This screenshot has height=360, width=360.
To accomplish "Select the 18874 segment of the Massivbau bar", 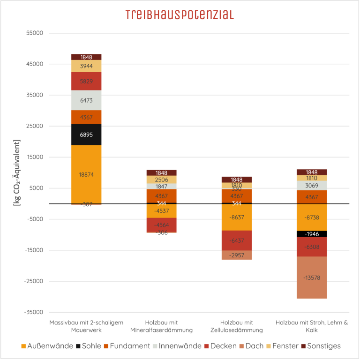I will click(x=86, y=174).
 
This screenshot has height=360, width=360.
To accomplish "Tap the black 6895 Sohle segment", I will click(x=86, y=135).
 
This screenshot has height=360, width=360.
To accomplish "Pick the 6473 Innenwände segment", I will click(x=86, y=100).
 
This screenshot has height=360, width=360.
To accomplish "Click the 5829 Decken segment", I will click(x=86, y=81).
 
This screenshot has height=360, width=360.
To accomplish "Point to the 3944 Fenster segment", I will click(x=86, y=66).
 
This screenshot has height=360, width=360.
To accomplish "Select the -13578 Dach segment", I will click(x=312, y=277).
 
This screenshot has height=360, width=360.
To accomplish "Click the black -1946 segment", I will click(x=312, y=234).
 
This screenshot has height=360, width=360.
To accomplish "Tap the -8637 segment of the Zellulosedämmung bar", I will click(x=237, y=217).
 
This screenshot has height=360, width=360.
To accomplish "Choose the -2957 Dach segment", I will click(x=237, y=255).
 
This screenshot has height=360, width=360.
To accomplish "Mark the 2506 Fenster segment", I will click(x=161, y=180).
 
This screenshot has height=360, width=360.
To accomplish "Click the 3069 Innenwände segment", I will click(x=312, y=186).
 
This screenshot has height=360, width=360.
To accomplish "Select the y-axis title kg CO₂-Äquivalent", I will click(x=16, y=173).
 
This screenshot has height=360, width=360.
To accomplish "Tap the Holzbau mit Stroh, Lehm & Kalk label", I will click(x=312, y=326).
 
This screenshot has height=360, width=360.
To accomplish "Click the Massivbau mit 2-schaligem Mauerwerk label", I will click(x=86, y=326).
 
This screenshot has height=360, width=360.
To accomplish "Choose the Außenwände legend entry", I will click(x=47, y=346).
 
